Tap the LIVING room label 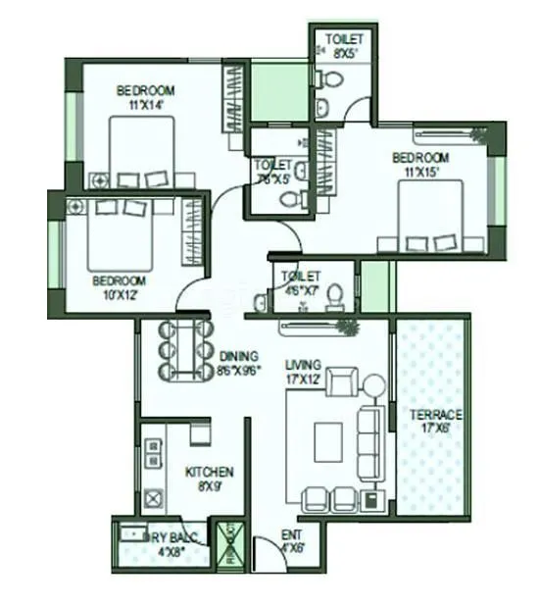[303, 368]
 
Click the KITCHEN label [210, 478]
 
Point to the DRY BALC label [163, 543]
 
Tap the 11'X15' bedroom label [420, 164]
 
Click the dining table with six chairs [183, 349]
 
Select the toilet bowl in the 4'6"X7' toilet [334, 294]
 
